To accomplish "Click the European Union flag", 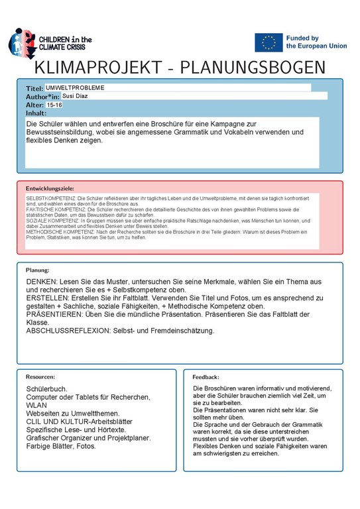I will coord(269,42).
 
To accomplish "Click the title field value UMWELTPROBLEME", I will coord(75,87).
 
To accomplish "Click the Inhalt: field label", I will coord(36,113).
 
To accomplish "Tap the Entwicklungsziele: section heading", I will coord(50,188).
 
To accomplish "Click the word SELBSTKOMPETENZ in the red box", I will coord(50,198).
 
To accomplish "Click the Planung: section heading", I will coord(38,270).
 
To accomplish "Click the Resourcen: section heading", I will coord(41,376).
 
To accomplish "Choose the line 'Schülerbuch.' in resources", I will coord(46,388).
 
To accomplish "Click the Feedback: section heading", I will coord(206,376).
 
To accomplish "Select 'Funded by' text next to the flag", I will coord(302,38).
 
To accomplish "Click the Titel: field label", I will coord(34,88).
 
